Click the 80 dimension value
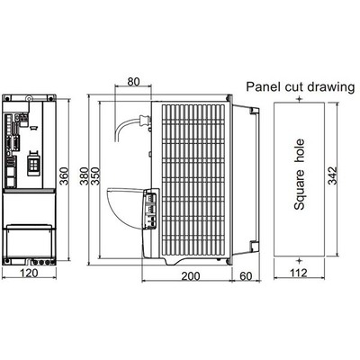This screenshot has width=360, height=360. click(133, 81)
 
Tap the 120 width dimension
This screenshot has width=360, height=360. click(29, 273)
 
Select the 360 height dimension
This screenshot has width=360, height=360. click(64, 175)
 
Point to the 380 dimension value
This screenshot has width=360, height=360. click(85, 175)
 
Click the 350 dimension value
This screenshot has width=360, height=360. click(95, 175)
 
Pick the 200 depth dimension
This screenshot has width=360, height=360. click(191, 276)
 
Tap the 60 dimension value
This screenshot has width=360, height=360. click(246, 276)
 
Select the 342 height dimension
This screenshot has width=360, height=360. click(332, 175)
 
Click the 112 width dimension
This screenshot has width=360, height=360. click(299, 273)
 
